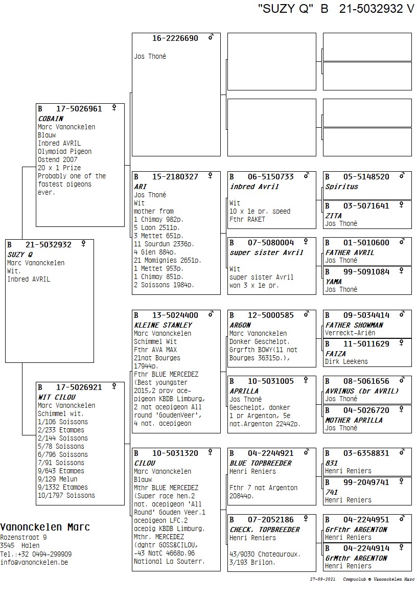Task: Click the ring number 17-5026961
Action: click(x=79, y=109)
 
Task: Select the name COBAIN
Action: click(x=51, y=119)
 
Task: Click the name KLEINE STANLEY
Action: click(x=163, y=325)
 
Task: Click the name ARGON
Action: click(x=240, y=325)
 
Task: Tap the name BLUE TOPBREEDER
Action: click(x=260, y=463)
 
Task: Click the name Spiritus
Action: click(x=341, y=187)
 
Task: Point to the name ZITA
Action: click(x=333, y=216)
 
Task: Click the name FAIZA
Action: click(x=335, y=354)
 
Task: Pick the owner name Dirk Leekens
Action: click(x=346, y=362)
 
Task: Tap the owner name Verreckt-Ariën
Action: click(x=350, y=333)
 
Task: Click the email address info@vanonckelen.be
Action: click(x=34, y=562)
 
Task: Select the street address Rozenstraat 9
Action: click(x=24, y=538)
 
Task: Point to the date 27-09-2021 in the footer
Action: click(x=322, y=579)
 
